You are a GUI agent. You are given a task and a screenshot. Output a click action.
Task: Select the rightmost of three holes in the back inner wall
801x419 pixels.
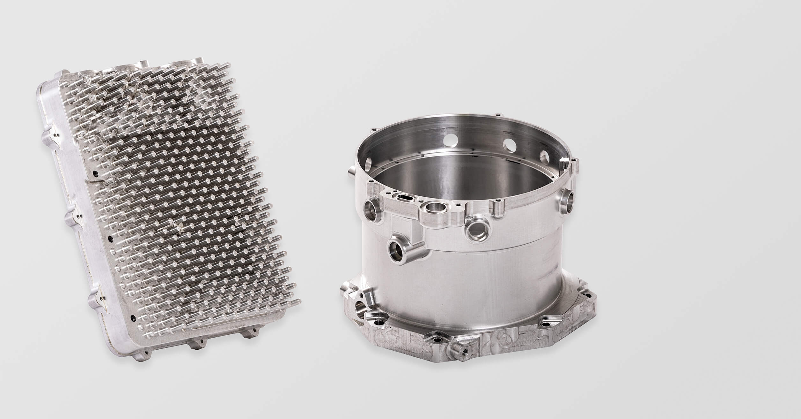(545, 157)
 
